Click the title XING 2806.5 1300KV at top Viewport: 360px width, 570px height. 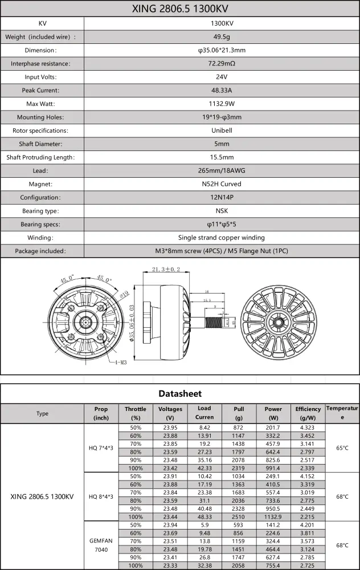coord(179,9)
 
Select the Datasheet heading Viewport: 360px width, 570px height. coord(179,393)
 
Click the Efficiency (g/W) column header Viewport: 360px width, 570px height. coord(308,413)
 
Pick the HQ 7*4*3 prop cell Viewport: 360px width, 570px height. coord(101,447)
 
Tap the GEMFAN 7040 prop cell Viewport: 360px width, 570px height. coord(101,545)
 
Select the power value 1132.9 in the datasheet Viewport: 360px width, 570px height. coord(273,516)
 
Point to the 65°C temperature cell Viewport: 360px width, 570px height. coord(342,447)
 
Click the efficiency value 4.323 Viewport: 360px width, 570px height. coord(308,427)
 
